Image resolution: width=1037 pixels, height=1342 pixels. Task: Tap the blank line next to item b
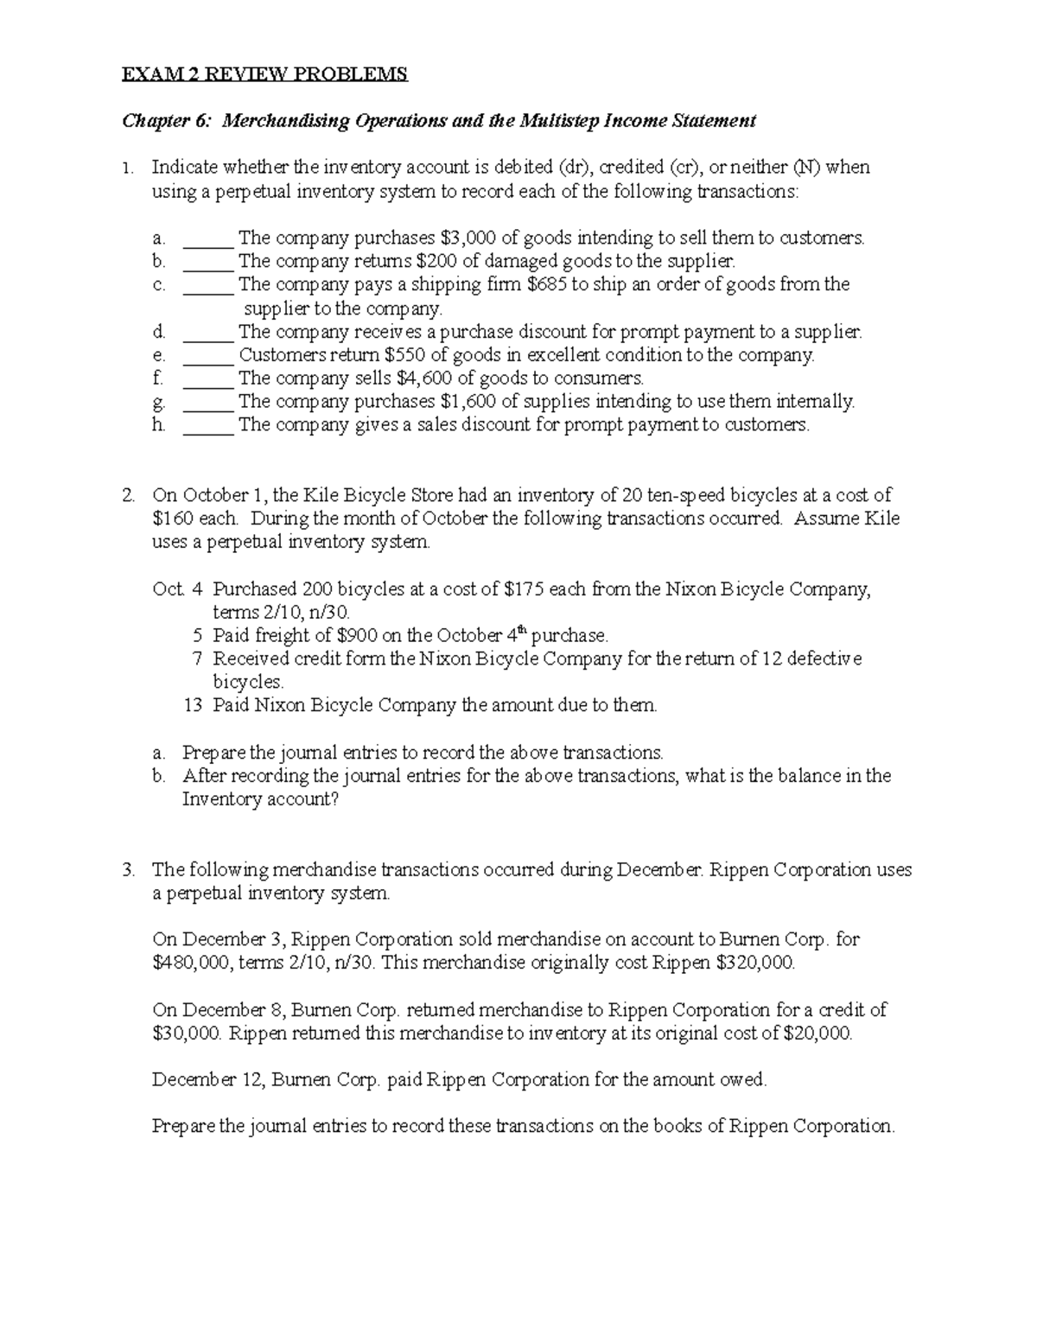pos(207,261)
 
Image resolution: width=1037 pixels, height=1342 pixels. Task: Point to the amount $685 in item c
pos(548,284)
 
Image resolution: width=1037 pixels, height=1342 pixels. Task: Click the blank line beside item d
pos(207,332)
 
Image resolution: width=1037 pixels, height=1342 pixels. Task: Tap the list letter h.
pos(157,424)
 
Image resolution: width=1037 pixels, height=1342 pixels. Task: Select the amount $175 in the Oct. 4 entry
pos(525,589)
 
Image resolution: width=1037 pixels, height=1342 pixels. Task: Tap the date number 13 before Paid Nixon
pos(193,705)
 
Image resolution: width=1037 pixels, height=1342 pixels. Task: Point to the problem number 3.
pos(128,870)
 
